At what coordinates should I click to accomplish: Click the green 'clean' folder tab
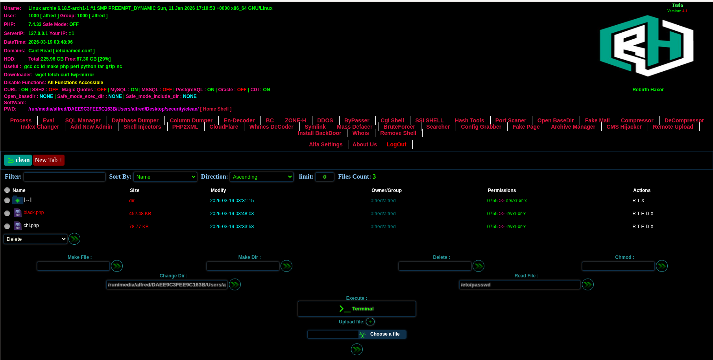18,160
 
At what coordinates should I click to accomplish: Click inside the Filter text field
65,177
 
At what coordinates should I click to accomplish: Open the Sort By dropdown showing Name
165,177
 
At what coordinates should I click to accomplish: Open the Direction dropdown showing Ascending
262,177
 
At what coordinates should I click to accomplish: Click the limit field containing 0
325,177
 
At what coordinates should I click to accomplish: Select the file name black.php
34,212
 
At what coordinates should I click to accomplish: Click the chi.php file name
31,225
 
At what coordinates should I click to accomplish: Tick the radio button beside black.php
7,213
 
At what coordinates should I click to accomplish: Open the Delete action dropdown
35,239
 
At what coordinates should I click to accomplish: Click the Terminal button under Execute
357,309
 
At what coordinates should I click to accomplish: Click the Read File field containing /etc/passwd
520,284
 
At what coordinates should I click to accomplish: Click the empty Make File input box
74,266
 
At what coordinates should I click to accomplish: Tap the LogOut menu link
397,144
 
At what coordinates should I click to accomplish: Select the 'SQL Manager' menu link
83,120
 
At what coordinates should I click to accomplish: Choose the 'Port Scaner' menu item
511,120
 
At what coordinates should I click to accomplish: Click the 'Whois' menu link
361,133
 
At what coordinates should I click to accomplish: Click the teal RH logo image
647,46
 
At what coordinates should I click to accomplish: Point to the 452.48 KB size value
140,214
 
